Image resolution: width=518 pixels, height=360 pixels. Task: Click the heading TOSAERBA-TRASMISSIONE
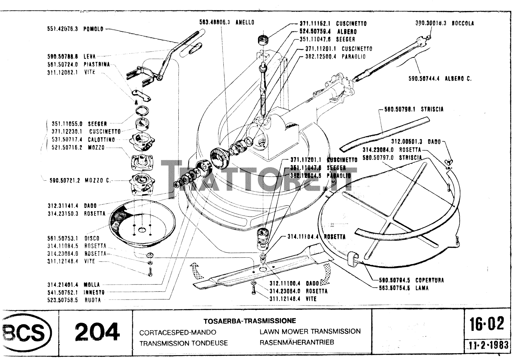(x=250, y=321)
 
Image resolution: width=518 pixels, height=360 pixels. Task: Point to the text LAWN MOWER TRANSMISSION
(x=310, y=331)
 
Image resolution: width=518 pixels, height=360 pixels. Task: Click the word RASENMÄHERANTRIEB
(x=297, y=342)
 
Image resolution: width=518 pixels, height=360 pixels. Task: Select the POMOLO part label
(x=93, y=29)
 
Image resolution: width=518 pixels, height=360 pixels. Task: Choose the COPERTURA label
(x=430, y=280)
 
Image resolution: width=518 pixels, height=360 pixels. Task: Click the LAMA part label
(x=422, y=288)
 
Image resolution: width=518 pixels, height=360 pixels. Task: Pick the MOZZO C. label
(x=97, y=180)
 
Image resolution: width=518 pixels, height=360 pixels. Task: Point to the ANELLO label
(x=245, y=22)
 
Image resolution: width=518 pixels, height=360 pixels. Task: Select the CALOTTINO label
(x=101, y=140)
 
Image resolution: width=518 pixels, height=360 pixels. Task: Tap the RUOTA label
(x=93, y=300)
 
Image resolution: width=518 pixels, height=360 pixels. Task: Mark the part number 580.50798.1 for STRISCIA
(x=400, y=109)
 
